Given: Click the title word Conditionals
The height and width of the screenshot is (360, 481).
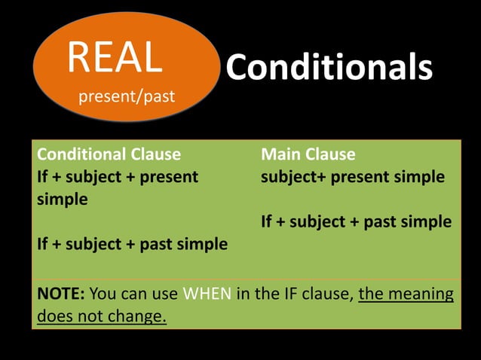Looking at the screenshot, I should tap(329, 68).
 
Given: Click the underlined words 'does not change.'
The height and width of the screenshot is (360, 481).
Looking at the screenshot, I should tap(102, 316).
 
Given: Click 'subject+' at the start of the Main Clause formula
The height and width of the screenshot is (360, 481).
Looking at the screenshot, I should tap(293, 177).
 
